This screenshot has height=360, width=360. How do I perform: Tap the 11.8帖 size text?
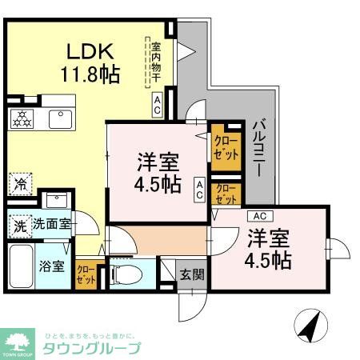click(x=90, y=75)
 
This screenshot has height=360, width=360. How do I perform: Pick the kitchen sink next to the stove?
click(x=60, y=118)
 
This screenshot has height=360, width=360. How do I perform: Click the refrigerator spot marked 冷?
click(x=20, y=182)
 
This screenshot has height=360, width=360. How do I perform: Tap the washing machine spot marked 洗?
click(x=19, y=226)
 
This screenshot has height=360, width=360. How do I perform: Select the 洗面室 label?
click(x=52, y=225)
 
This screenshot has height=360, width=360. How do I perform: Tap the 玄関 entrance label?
click(x=190, y=274)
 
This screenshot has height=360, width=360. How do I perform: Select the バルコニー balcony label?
click(x=258, y=152)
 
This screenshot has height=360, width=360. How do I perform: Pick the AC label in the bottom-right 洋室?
click(x=259, y=215)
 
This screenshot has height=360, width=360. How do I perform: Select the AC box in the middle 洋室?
click(x=198, y=188)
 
